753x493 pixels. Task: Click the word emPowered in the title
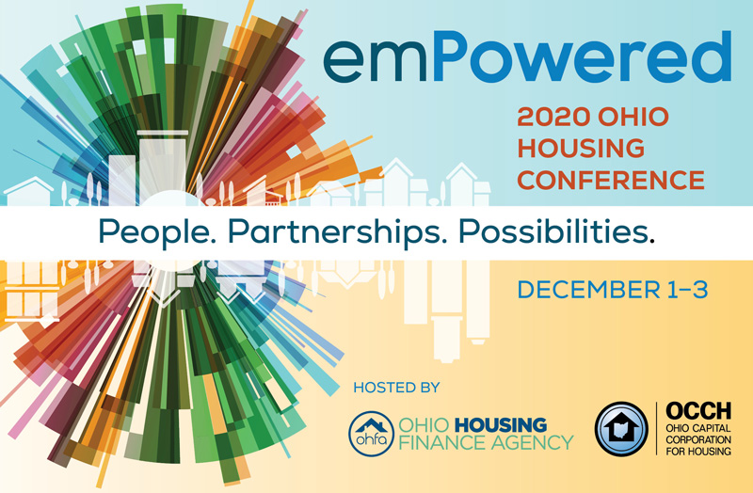[x=527, y=57]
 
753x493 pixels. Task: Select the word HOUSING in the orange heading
[x=581, y=148]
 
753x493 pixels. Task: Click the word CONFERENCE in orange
[x=611, y=180]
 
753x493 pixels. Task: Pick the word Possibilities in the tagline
[x=556, y=231]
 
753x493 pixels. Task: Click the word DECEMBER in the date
[x=589, y=290]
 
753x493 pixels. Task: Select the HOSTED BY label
[x=396, y=388]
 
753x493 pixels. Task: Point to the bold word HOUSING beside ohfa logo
[x=501, y=425]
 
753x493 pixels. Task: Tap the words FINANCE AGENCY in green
[x=486, y=442]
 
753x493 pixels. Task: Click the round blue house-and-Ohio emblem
[x=621, y=429]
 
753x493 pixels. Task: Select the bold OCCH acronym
[x=698, y=411]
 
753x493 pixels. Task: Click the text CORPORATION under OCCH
[x=698, y=439]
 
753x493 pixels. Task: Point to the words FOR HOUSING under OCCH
[x=698, y=452]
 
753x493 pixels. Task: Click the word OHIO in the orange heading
[x=633, y=117]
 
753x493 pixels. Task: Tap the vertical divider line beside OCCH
[x=656, y=429]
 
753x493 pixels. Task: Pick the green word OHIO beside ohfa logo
[x=425, y=425]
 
